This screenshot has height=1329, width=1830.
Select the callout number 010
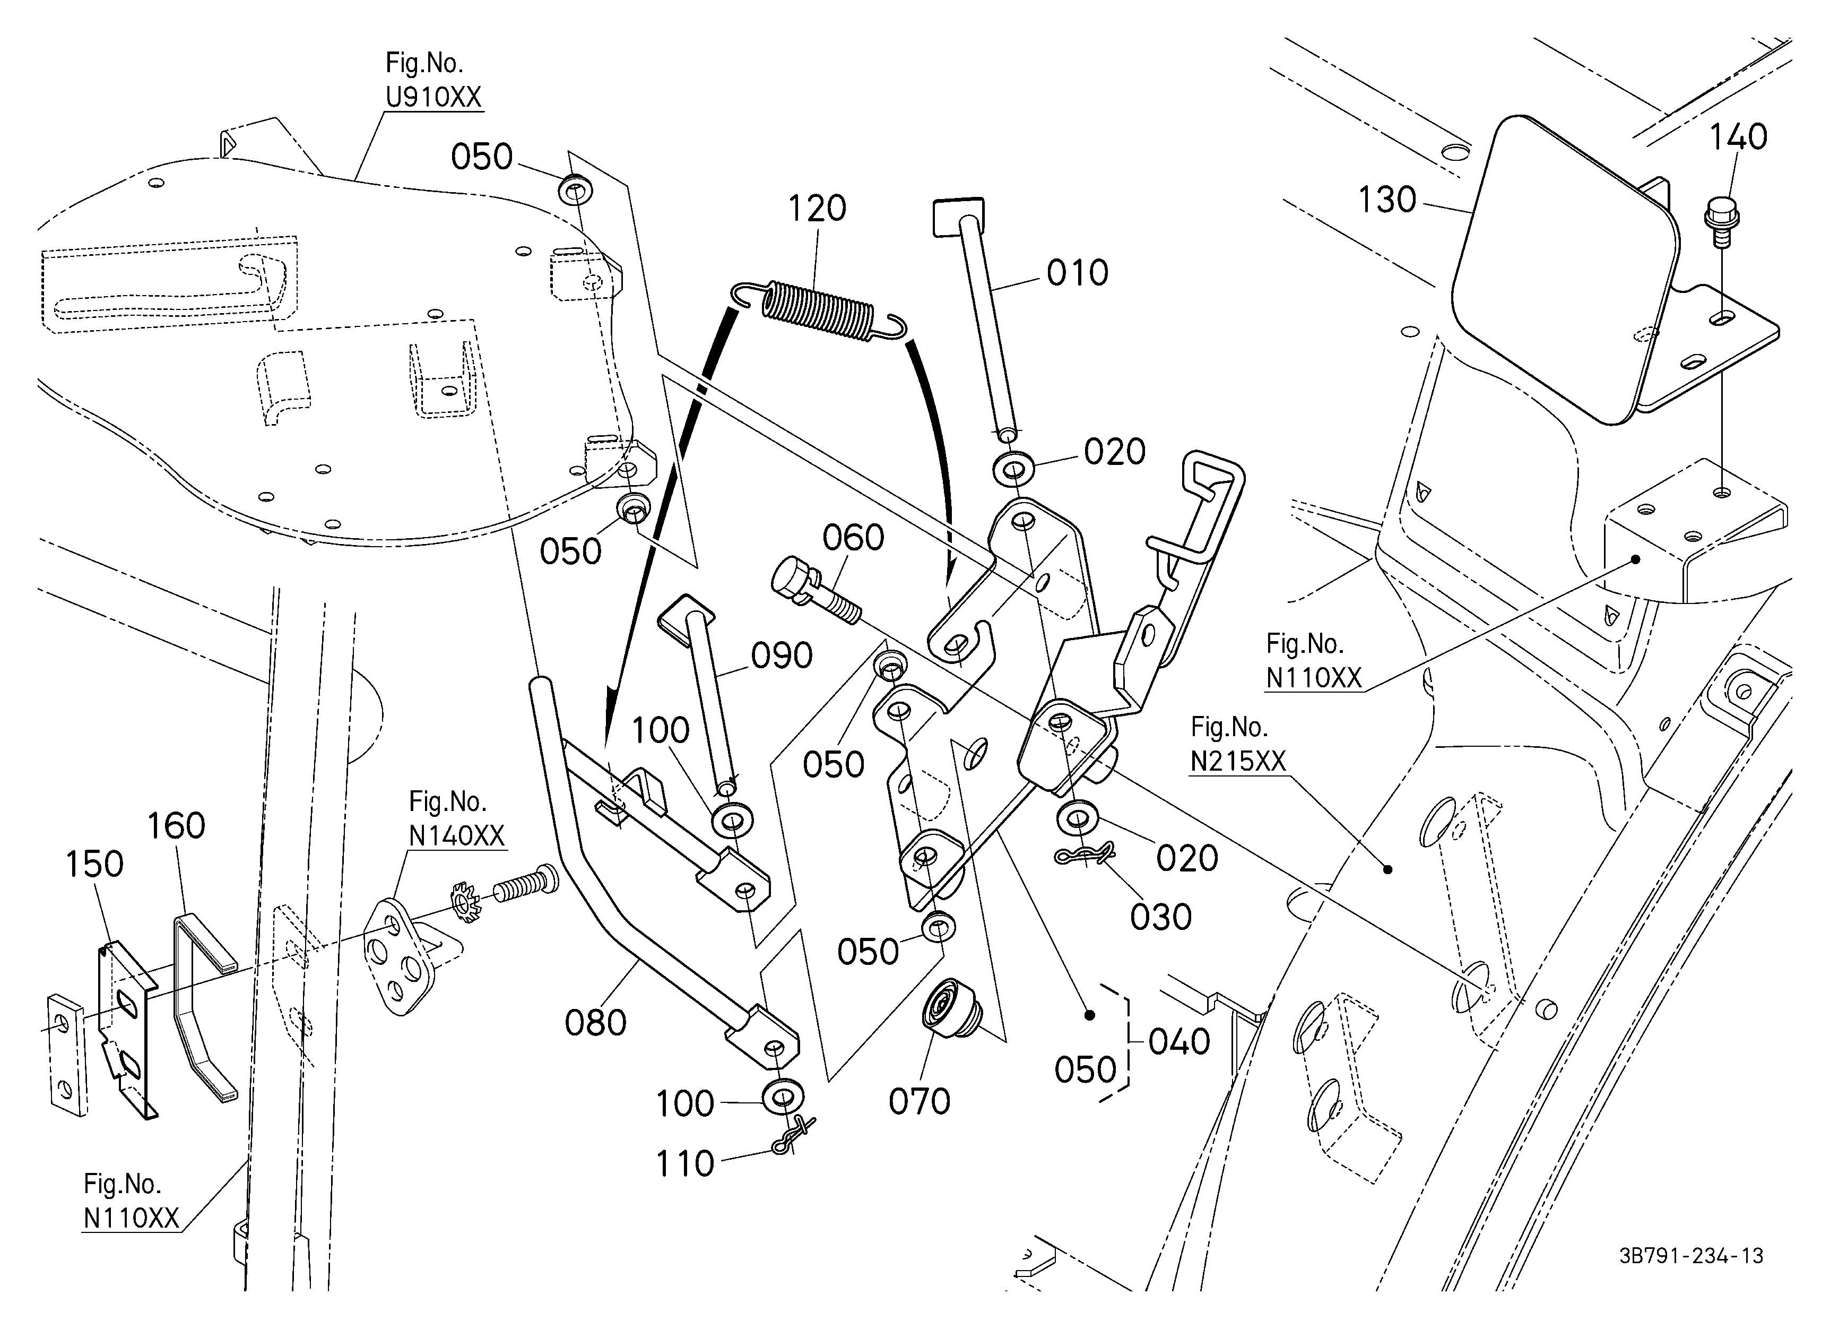(1077, 273)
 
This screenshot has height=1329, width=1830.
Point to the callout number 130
(1387, 200)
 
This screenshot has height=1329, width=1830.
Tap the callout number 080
(595, 1023)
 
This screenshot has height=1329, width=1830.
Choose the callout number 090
(781, 656)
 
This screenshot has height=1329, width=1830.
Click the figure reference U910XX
(433, 97)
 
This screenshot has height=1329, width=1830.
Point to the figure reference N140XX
(457, 835)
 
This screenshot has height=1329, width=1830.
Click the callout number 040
(1179, 1042)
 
